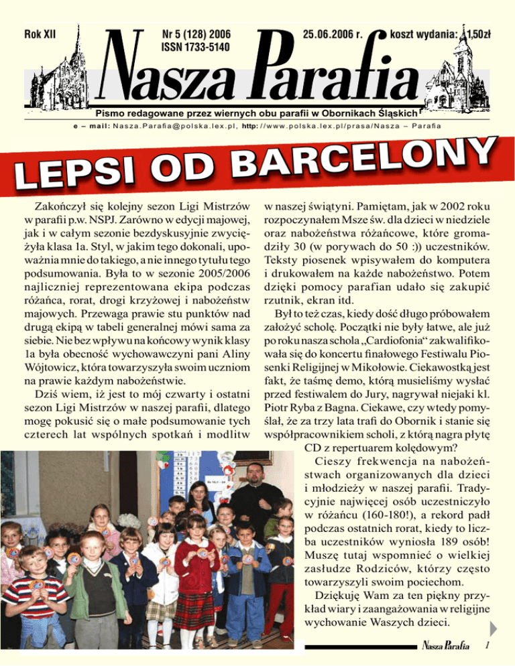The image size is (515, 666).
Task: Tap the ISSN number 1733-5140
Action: tap(194, 46)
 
